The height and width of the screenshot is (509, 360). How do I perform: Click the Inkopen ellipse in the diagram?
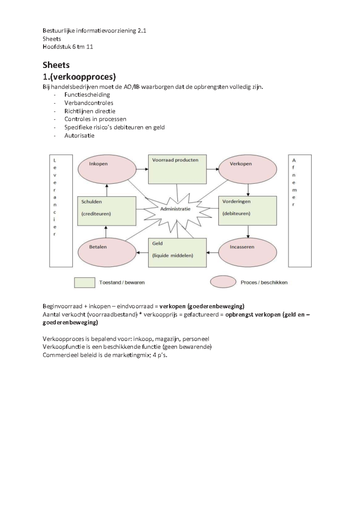coord(107,170)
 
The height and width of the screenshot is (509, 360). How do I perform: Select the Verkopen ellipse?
coord(247,170)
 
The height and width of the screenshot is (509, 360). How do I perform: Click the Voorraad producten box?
coord(177,169)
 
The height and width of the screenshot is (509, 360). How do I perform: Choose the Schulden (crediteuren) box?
coord(106,211)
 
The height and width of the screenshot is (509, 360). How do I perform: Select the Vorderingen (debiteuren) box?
coord(247,211)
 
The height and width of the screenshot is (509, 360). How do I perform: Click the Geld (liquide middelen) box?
coord(177,253)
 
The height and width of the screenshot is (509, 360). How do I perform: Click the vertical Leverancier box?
coord(61,211)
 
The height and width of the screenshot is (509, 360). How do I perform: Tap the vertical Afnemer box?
coord(300,211)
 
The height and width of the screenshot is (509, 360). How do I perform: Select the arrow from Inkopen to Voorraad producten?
coord(142,169)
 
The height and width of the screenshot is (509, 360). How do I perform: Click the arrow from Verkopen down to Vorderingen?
coord(248,190)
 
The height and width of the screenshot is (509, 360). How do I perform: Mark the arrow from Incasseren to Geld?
coord(212,253)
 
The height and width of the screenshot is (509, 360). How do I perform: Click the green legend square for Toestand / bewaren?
coord(85,283)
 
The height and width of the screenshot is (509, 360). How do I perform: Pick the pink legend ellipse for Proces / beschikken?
coord(223,282)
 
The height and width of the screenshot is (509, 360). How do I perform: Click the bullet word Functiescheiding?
coord(87,95)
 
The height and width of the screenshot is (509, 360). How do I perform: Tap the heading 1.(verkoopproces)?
coord(79,77)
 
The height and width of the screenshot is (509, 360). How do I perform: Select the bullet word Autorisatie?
coord(79,136)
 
